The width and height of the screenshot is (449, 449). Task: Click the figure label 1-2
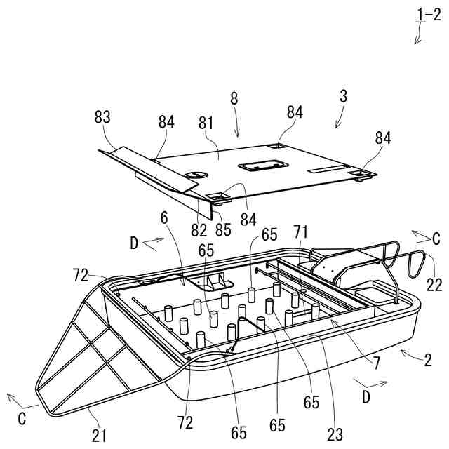[428, 13]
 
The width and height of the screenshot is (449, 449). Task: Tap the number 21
[99, 436]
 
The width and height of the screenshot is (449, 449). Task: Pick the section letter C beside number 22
[436, 239]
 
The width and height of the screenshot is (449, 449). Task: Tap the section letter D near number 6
[134, 243]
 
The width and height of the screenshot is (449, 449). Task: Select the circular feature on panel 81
[196, 173]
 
